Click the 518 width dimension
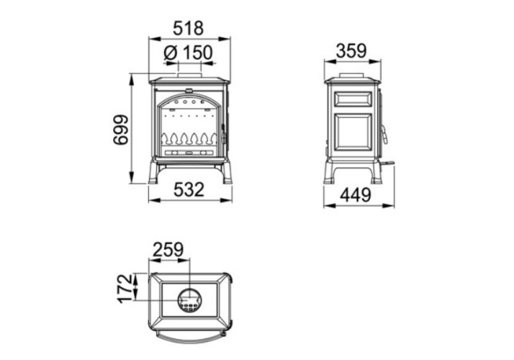pos(188,28)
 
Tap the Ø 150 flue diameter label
pos(188,53)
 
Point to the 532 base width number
pos(189,190)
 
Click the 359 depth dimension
pos(352,51)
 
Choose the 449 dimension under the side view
pos(356,196)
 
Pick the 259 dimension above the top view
pos(168,250)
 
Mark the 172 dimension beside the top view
pos(125,289)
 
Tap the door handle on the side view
pos(384,134)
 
